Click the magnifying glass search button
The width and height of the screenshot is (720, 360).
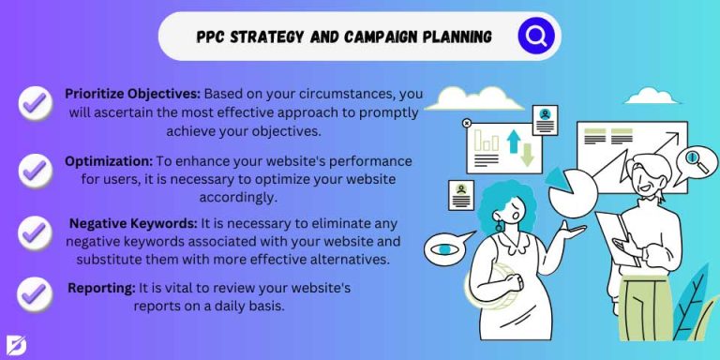click(x=535, y=37)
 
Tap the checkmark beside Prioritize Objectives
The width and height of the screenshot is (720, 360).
click(x=36, y=102)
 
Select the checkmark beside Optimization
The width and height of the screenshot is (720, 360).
click(x=36, y=169)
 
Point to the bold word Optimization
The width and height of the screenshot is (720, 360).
click(x=109, y=161)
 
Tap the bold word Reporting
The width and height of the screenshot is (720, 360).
click(x=101, y=287)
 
